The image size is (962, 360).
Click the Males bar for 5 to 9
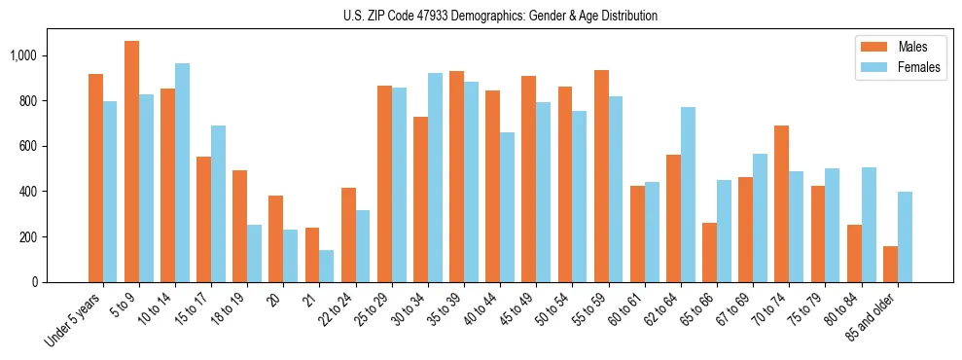tap(132, 162)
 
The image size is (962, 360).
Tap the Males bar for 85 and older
tap(891, 265)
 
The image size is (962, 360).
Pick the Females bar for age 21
tap(327, 266)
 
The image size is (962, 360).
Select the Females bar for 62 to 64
tap(689, 195)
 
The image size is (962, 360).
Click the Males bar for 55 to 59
tap(602, 176)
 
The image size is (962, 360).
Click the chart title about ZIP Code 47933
tap(500, 16)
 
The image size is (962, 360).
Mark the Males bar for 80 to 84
tap(855, 254)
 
